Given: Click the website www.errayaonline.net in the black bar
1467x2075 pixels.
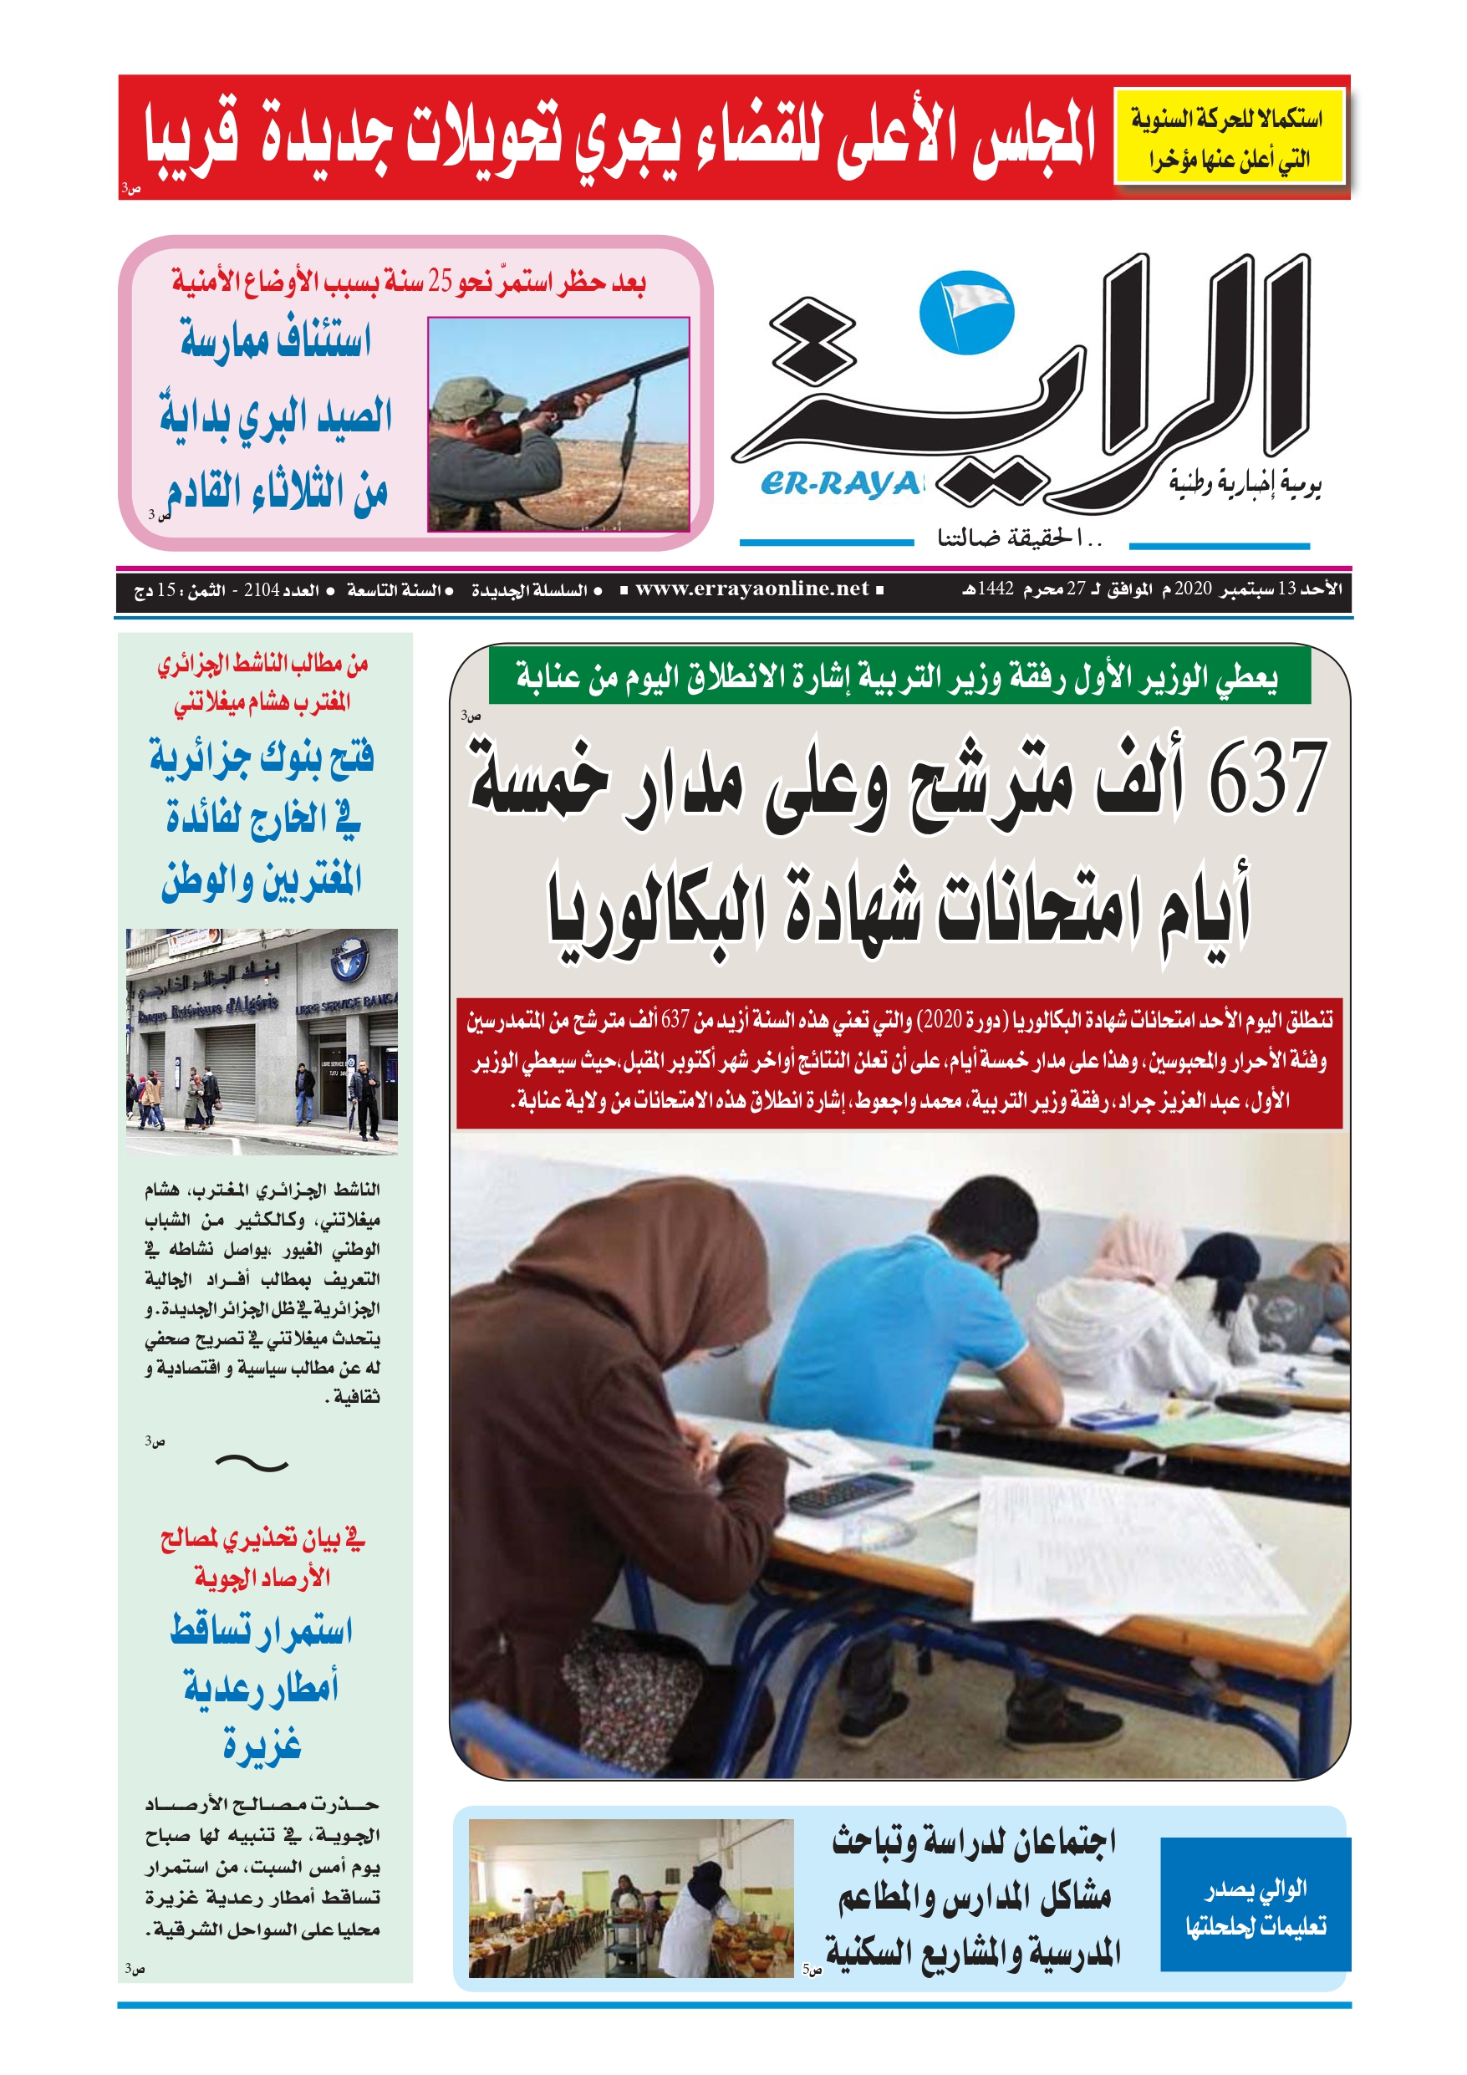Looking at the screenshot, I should pyautogui.click(x=751, y=589).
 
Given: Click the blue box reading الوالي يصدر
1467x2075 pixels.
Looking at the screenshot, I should pyautogui.click(x=1255, y=1906).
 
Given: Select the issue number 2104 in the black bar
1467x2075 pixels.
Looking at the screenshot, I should pyautogui.click(x=262, y=590).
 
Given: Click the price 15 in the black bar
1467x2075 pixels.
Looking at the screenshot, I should pyautogui.click(x=167, y=590).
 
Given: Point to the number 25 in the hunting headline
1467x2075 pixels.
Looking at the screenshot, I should pyautogui.click(x=441, y=282).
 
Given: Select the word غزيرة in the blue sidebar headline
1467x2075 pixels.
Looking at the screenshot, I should pyautogui.click(x=262, y=1744).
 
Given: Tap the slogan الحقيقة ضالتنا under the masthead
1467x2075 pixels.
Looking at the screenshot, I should pyautogui.click(x=1020, y=539).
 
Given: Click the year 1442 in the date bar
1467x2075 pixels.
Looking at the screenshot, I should pyautogui.click(x=996, y=589).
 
